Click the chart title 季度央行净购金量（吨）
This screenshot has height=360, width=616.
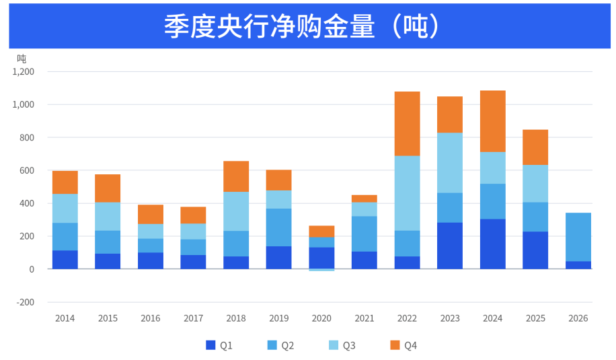click(301, 26)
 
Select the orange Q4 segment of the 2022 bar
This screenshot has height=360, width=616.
click(407, 124)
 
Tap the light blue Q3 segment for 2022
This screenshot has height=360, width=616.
click(407, 193)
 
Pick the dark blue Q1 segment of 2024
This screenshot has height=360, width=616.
click(493, 244)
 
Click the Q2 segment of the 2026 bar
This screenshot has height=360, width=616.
click(578, 237)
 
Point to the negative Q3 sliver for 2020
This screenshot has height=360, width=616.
click(321, 270)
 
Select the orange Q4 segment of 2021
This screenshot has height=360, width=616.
click(364, 199)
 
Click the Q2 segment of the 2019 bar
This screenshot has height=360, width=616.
click(278, 227)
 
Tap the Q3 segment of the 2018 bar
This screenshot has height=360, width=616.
click(236, 211)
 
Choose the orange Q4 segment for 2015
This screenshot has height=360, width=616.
click(108, 188)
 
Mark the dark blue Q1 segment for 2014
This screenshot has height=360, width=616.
click(65, 260)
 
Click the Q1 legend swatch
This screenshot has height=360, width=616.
click(210, 345)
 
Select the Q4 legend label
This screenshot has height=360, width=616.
click(410, 345)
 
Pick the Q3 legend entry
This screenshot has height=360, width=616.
click(342, 345)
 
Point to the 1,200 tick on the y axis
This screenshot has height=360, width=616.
click(23, 71)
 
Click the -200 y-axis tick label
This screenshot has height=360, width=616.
click(25, 302)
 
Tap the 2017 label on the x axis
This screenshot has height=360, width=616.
click(193, 318)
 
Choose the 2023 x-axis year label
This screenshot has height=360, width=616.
click(450, 318)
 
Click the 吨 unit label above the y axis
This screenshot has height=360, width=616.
click(22, 59)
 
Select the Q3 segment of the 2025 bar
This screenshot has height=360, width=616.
click(535, 184)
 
